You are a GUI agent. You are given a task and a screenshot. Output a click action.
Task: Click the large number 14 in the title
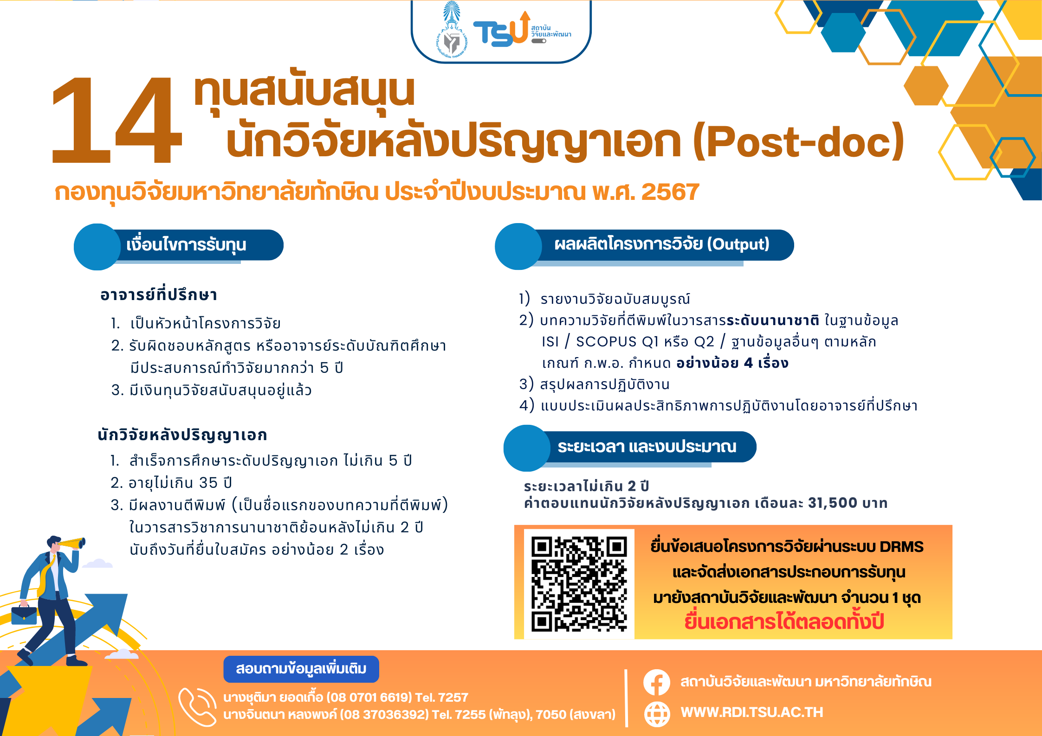coord(116,120)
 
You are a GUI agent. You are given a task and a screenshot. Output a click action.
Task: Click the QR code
coord(579,583)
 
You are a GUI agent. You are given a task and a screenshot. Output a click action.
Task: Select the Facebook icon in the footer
coord(657,682)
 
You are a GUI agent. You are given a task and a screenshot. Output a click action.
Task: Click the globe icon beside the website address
coord(657,713)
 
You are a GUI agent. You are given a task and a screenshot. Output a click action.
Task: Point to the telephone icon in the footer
coord(197,706)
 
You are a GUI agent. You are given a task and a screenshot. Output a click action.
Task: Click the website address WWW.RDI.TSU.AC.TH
coord(752,712)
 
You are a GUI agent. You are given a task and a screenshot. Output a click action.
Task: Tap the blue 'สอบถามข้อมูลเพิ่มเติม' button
coord(301,669)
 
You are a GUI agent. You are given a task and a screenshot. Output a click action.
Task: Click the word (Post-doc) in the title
coord(798,141)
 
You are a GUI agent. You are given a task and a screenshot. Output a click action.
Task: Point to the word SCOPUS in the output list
coord(606,342)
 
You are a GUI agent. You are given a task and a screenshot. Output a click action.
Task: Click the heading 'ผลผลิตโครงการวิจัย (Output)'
coord(662,244)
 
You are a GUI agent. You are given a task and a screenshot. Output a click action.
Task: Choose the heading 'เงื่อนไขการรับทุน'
coord(186,244)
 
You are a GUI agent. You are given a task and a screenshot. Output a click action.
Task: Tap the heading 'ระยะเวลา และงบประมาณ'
coord(647,447)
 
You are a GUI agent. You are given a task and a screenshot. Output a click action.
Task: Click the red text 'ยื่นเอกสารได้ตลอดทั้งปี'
coord(784,621)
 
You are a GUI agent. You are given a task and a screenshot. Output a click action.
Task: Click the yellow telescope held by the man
coord(71,543)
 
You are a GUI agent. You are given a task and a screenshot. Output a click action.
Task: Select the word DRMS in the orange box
coord(901,547)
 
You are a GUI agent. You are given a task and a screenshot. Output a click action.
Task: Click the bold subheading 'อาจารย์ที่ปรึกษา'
coord(159,295)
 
